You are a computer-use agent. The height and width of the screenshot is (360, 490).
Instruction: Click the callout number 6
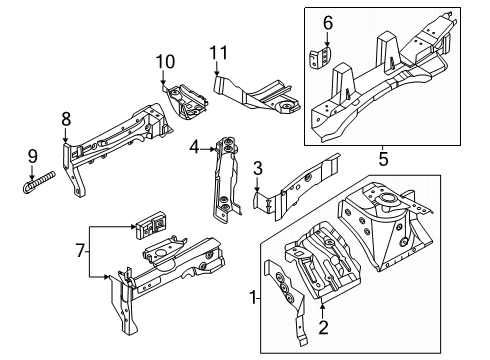pyautogui.click(x=328, y=23)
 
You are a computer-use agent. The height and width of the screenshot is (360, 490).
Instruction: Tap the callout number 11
pyautogui.click(x=219, y=53)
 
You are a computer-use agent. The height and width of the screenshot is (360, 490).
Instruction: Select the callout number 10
pyautogui.click(x=165, y=62)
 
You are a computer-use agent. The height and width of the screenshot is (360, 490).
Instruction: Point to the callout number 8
pyautogui.click(x=66, y=119)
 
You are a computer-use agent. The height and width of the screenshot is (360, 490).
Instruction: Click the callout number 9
pyautogui.click(x=33, y=156)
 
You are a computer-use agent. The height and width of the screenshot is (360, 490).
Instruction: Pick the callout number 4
pyautogui.click(x=194, y=147)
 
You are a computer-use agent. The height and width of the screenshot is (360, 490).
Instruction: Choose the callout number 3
pyautogui.click(x=258, y=169)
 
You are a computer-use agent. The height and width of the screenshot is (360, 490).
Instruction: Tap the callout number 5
pyautogui.click(x=383, y=159)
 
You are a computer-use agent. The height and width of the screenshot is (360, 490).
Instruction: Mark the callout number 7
pyautogui.click(x=80, y=250)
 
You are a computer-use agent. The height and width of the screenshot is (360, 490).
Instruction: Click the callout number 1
pyautogui.click(x=253, y=297)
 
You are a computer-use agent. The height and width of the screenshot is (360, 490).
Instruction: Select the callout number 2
pyautogui.click(x=323, y=327)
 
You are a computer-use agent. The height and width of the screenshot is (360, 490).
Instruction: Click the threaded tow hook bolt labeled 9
pyautogui.click(x=39, y=182)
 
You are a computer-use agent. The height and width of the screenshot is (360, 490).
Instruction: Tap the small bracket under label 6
pyautogui.click(x=321, y=58)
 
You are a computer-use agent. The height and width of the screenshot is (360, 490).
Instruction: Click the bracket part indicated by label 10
pyautogui.click(x=186, y=101)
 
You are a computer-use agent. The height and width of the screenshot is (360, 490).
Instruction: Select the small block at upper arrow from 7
pyautogui.click(x=151, y=224)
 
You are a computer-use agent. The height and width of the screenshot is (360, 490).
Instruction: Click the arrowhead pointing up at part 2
pyautogui.click(x=322, y=307)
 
